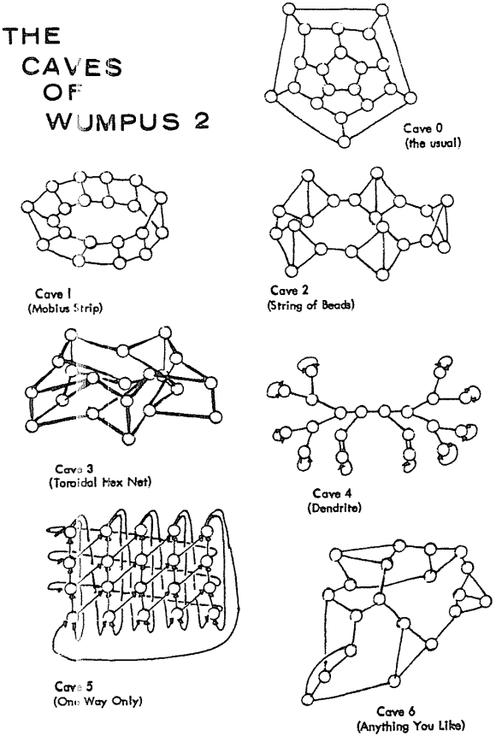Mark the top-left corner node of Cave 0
pyautogui.click(x=288, y=10)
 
